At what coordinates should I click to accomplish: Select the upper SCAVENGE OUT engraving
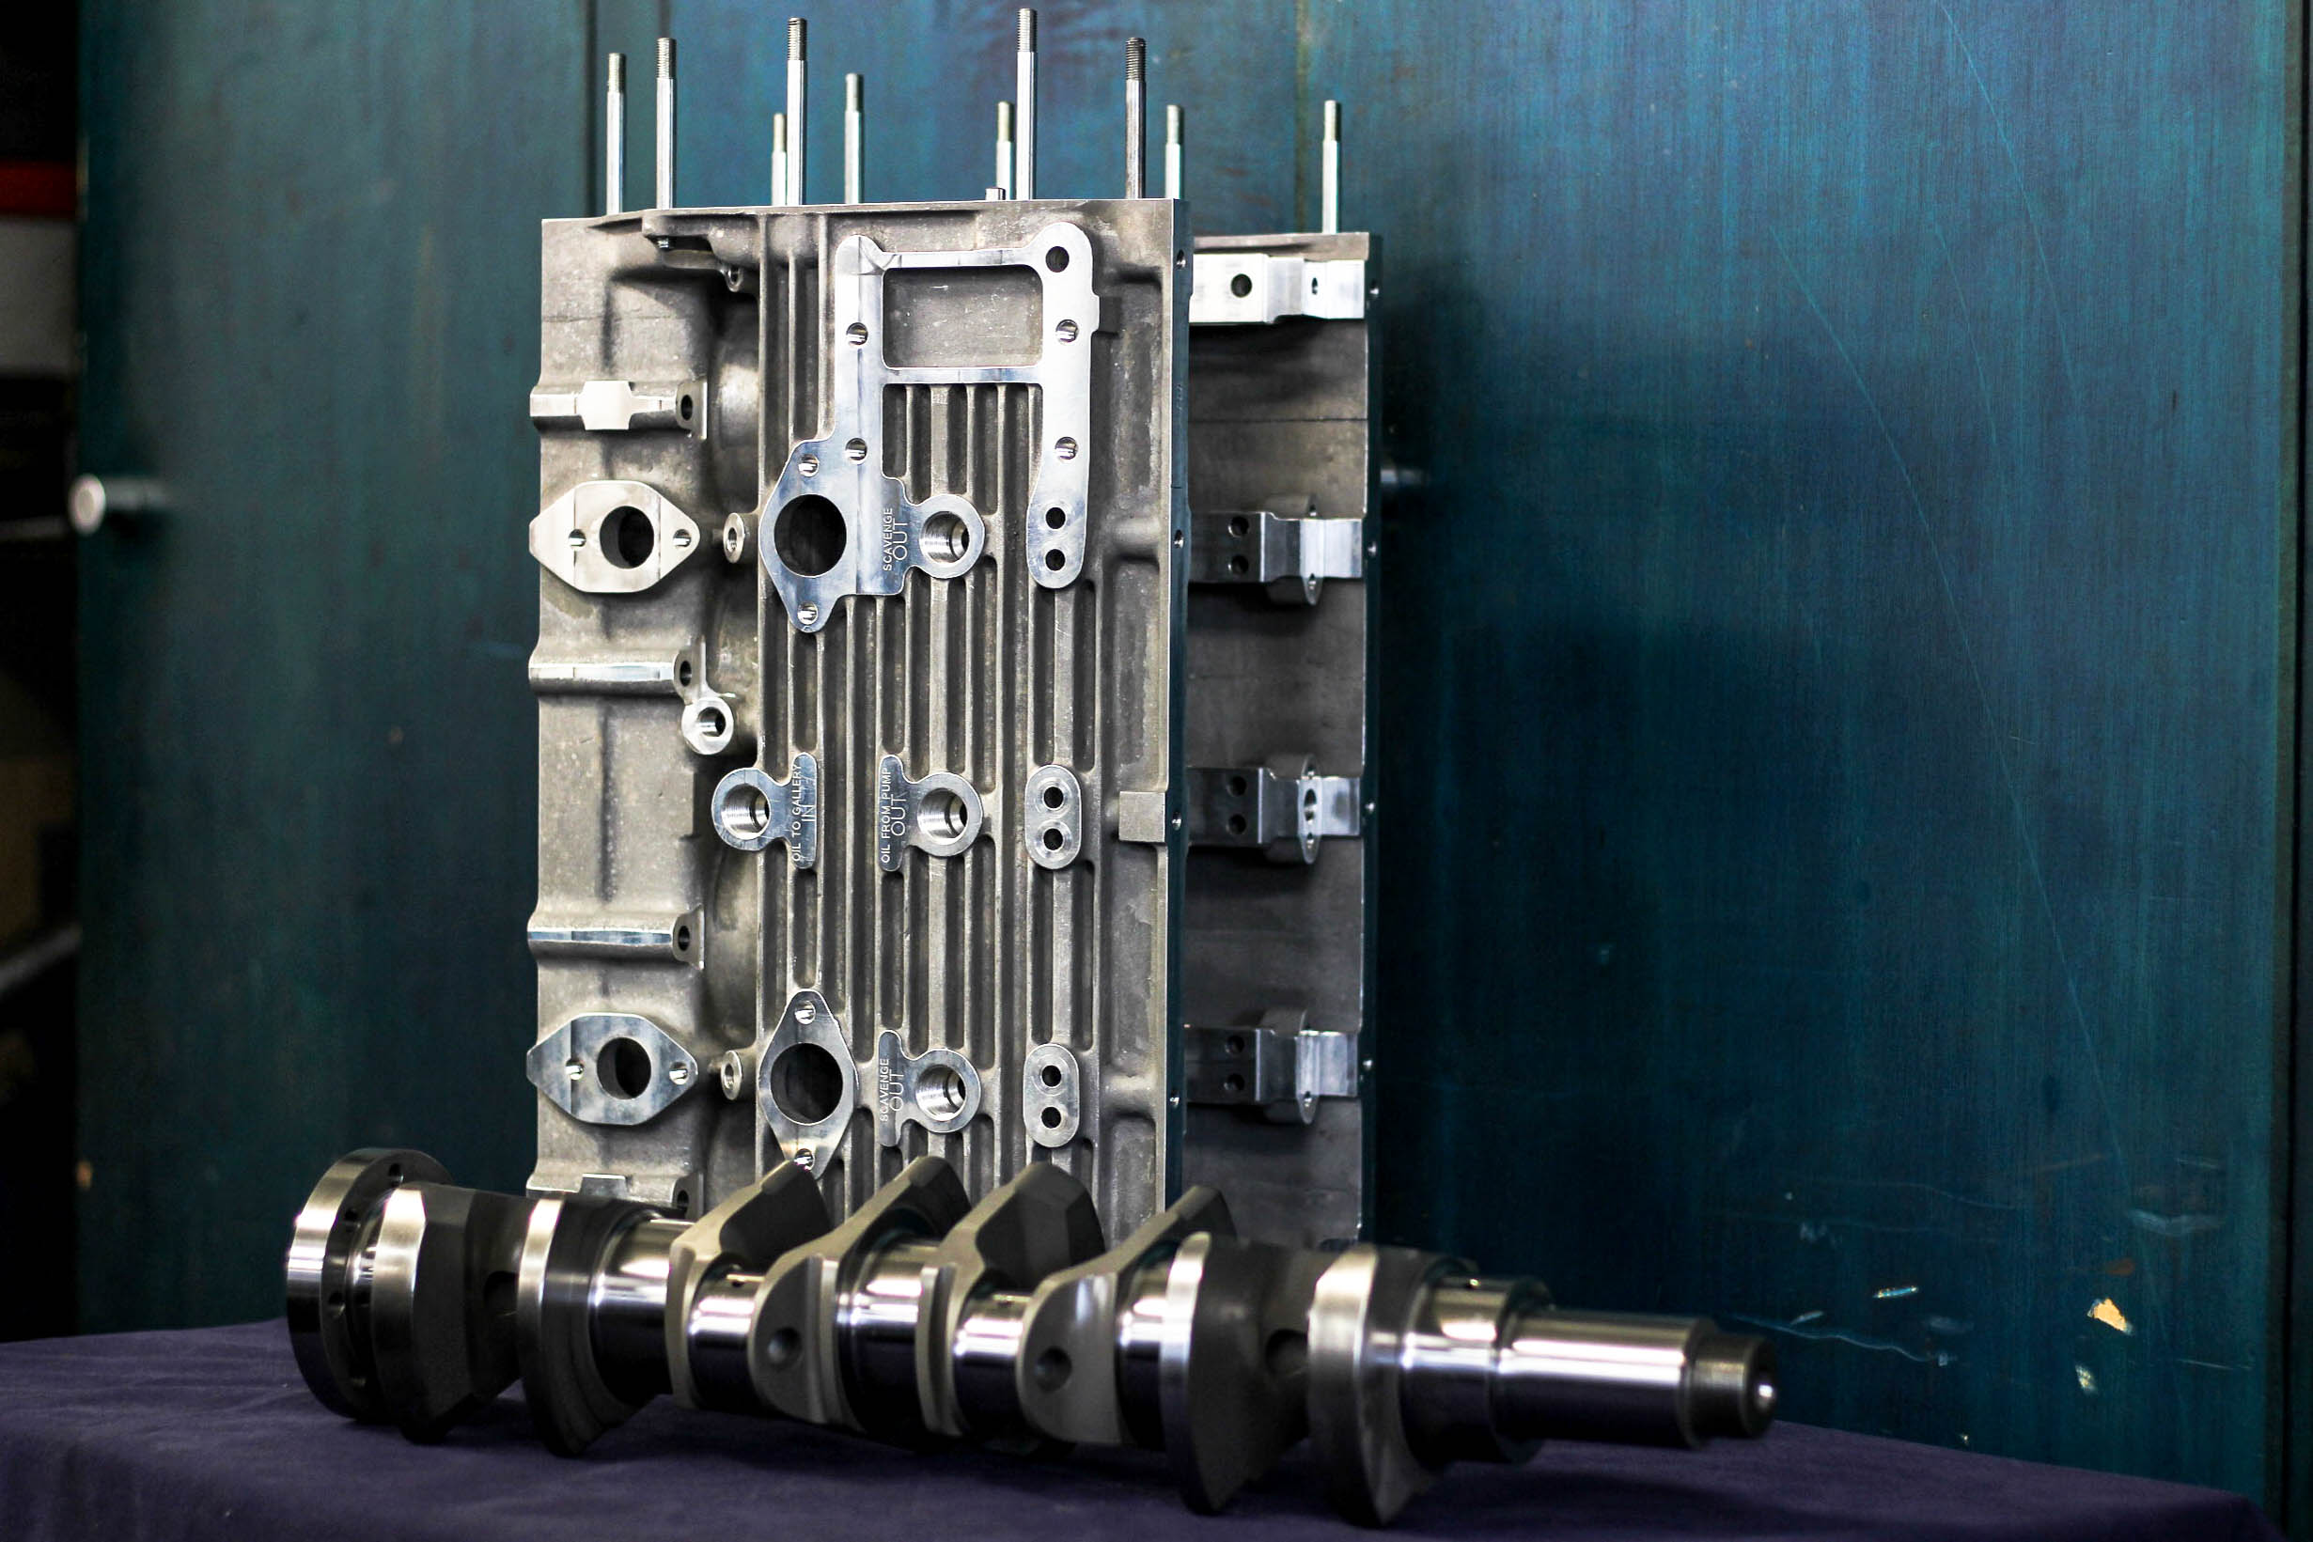coord(895,537)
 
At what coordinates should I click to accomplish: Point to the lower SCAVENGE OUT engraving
coord(892,1089)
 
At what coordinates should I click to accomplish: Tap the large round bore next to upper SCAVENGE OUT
coord(809,535)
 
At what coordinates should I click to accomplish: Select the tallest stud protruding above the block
coord(1025,103)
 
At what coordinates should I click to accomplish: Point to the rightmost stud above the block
coord(1331,166)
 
